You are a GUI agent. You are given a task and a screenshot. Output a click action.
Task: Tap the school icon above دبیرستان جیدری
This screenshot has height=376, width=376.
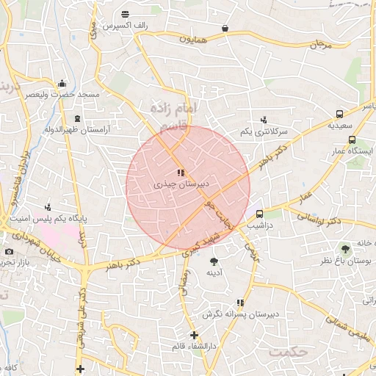181,173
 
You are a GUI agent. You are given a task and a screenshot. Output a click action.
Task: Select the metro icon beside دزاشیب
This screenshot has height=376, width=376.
259,214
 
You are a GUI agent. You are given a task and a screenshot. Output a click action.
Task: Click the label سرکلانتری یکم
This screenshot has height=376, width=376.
264,131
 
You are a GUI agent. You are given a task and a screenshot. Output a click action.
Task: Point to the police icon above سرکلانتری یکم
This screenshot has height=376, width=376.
264,119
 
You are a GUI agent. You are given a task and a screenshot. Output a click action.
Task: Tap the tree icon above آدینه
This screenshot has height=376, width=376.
214,261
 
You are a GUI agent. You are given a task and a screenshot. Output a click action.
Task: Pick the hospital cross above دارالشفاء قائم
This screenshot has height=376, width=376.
194,335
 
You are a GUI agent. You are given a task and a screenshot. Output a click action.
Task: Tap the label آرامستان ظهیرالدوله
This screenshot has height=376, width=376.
76,130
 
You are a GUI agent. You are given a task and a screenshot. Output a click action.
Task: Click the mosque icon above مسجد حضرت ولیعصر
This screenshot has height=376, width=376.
62,83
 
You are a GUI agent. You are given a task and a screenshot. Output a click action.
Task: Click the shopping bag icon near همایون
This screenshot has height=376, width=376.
224,29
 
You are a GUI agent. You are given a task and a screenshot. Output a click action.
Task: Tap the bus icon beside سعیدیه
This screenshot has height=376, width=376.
339,114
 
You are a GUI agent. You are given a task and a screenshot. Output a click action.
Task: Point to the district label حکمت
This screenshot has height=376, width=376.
287,352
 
